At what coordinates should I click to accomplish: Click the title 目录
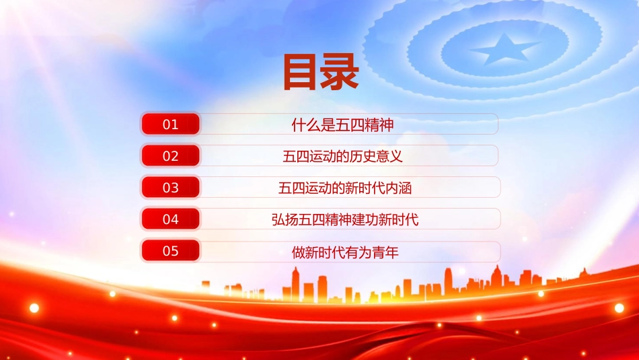(x=321, y=73)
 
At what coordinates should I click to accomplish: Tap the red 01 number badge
(x=171, y=124)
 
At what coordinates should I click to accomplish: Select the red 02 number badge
(x=171, y=155)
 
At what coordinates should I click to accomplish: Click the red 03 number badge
(x=171, y=188)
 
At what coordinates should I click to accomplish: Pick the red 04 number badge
(x=171, y=219)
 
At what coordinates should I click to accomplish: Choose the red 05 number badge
(x=171, y=251)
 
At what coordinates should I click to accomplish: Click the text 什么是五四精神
(x=343, y=124)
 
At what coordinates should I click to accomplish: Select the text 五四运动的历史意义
(x=343, y=156)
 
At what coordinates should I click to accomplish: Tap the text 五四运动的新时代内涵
(x=345, y=188)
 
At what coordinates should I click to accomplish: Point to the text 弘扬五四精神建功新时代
(x=345, y=220)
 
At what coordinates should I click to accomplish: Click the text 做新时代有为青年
(x=345, y=252)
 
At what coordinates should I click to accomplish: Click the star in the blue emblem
(x=504, y=50)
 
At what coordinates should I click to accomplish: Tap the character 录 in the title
(x=340, y=73)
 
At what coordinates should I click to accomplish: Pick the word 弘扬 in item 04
(x=285, y=220)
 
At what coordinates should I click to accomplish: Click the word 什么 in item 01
(x=307, y=124)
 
